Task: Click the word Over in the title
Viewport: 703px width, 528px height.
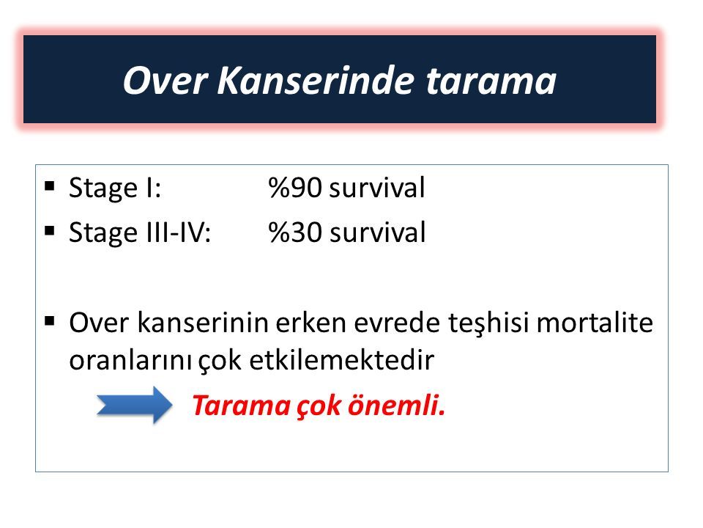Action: [x=165, y=81]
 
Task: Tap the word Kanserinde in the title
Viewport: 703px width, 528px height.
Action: [x=316, y=80]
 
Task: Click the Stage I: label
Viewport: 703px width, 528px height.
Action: [x=115, y=187]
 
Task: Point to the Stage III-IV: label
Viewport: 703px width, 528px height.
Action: [x=140, y=232]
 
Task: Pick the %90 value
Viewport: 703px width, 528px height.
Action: [x=295, y=188]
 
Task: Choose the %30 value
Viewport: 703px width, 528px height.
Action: [x=295, y=232]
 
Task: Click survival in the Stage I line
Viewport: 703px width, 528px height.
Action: [x=376, y=187]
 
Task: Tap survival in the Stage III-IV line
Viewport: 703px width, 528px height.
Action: [x=376, y=232]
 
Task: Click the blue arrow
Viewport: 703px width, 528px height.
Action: [x=134, y=405]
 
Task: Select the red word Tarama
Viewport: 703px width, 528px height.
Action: [x=241, y=406]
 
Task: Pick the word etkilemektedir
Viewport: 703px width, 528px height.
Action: [x=342, y=359]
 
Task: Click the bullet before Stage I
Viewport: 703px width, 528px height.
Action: [x=50, y=186]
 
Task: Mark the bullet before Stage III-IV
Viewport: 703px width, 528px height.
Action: [x=50, y=231]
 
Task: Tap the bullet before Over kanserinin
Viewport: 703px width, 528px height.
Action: [x=50, y=321]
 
